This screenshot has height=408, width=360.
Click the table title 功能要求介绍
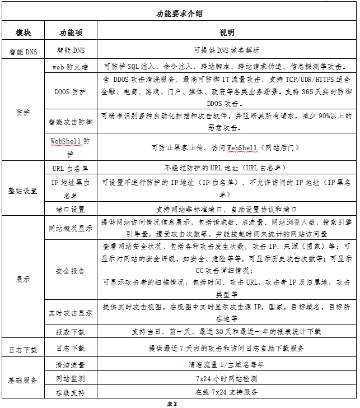tap(179, 14)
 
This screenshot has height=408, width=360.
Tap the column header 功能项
tap(71, 33)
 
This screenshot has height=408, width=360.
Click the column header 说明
tap(227, 33)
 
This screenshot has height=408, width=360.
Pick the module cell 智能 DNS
tap(23, 50)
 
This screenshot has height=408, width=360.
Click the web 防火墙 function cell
tap(71, 66)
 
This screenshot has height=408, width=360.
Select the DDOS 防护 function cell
tap(71, 91)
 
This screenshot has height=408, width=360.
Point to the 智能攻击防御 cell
tap(71, 121)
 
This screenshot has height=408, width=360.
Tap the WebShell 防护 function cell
tap(71, 147)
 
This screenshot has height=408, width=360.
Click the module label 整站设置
tap(23, 191)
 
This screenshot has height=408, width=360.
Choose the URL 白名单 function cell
tap(71, 168)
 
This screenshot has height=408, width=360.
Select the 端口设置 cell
tap(71, 209)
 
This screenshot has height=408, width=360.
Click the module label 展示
tap(23, 279)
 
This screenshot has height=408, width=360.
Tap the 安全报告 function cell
tap(71, 271)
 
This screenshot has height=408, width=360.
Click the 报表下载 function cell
tap(71, 332)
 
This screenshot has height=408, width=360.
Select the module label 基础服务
tap(23, 380)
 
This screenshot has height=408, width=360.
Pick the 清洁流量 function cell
tap(71, 365)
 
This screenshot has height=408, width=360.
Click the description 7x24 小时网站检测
tap(227, 379)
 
